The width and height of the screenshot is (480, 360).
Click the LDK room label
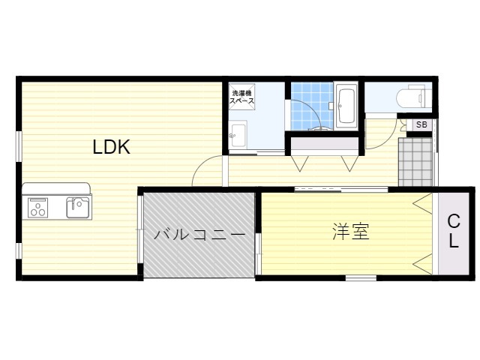click(x=112, y=147)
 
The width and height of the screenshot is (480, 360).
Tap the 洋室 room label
click(x=351, y=231)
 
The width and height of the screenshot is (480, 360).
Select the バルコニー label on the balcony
click(x=199, y=235)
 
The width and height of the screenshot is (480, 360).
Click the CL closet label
click(x=454, y=231)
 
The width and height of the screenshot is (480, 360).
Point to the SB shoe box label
click(x=421, y=124)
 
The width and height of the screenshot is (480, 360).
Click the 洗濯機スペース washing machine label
click(x=241, y=97)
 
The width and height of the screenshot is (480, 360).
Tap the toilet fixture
click(x=413, y=97)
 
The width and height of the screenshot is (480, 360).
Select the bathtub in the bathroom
click(x=346, y=105)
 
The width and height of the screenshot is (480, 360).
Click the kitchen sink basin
click(x=78, y=207)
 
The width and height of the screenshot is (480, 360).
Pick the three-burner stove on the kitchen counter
click(x=38, y=208)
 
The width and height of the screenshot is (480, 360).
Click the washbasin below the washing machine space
click(x=238, y=135)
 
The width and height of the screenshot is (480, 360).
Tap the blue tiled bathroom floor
click(x=312, y=106)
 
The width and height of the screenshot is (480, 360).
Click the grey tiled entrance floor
click(x=415, y=162)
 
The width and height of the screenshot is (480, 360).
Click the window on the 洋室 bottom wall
click(x=361, y=278)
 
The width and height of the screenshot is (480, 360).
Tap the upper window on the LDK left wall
click(x=19, y=146)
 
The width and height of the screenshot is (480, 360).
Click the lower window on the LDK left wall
click(x=19, y=250)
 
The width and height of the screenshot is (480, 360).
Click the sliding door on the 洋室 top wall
click(x=341, y=189)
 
